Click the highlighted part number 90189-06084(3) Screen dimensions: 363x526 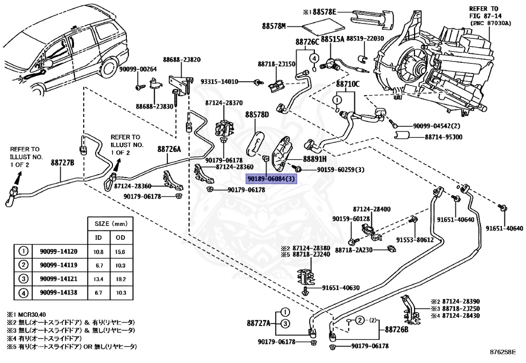coord(271,179)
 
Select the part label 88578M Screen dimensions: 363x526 coord(275,25)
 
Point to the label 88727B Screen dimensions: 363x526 coord(63,163)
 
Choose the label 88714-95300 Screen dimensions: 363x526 coord(443,137)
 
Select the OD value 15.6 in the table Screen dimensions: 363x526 coord(120,252)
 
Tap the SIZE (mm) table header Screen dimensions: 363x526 coord(109,225)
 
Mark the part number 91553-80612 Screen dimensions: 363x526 coord(415,240)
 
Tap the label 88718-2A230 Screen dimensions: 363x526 coord(359,250)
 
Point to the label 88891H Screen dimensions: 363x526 coord(314,159)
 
